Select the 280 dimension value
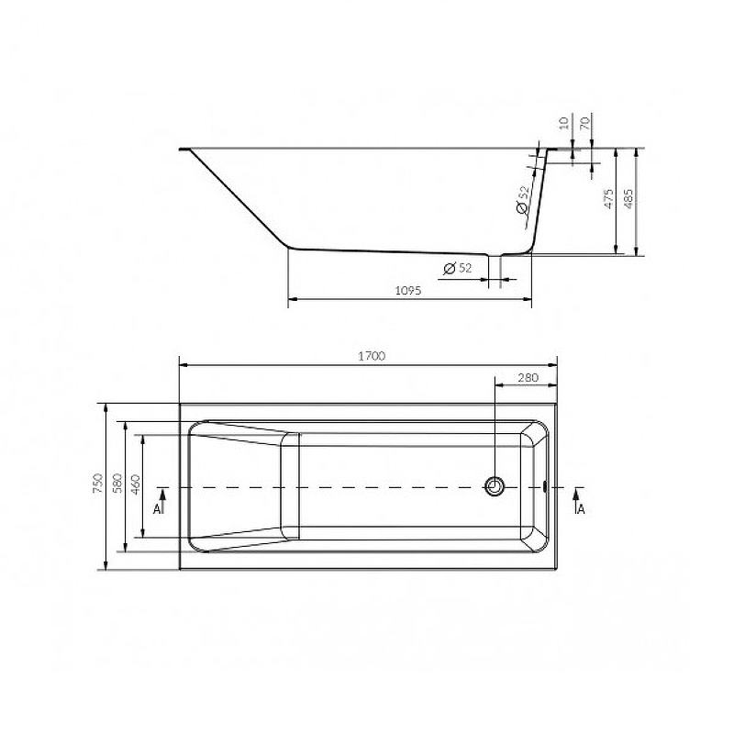[527, 377]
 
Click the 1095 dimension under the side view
[408, 291]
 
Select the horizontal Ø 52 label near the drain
[457, 268]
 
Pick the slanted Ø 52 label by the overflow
[522, 202]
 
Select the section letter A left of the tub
[158, 507]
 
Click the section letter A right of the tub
[581, 507]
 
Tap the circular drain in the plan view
[496, 486]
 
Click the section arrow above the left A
[162, 493]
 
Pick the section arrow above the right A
[576, 493]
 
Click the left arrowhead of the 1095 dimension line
[293, 299]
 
